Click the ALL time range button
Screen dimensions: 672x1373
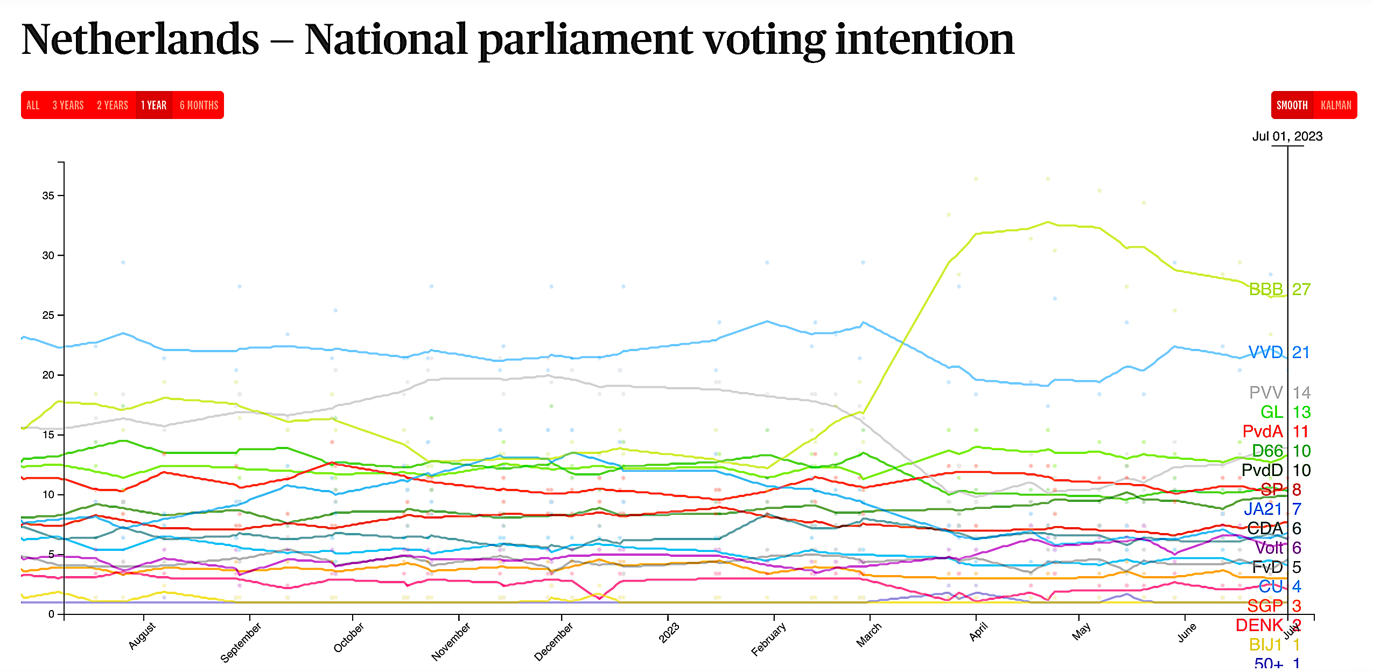33,105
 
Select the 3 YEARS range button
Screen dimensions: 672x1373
68,105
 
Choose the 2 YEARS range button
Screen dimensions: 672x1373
112,105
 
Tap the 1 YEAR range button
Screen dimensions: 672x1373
153,105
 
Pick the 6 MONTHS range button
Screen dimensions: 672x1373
199,105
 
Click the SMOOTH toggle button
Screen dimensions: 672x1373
1292,105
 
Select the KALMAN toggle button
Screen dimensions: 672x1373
1336,105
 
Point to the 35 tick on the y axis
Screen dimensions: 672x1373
48,195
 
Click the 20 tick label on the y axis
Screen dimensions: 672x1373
48,375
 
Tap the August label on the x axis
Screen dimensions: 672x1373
142,636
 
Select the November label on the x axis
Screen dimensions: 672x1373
451,641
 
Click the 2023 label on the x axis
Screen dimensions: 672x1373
669,633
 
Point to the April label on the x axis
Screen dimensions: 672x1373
978,632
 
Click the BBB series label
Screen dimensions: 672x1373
1266,289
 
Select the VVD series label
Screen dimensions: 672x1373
1265,352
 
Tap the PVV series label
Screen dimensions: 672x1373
1266,393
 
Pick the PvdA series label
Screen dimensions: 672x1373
1263,431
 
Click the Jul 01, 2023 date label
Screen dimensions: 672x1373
1287,136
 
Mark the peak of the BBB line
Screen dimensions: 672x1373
1048,222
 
